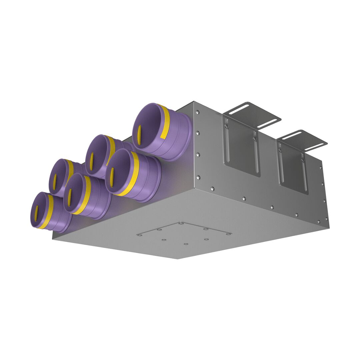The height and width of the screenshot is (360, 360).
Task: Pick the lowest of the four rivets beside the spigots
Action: (198, 177)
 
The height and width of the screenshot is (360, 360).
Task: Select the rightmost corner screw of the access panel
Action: (228, 234)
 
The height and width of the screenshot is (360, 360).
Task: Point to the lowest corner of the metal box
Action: (178, 259)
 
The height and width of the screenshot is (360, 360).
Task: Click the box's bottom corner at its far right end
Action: (329, 228)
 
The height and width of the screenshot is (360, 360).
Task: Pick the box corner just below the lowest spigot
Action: (53, 239)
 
